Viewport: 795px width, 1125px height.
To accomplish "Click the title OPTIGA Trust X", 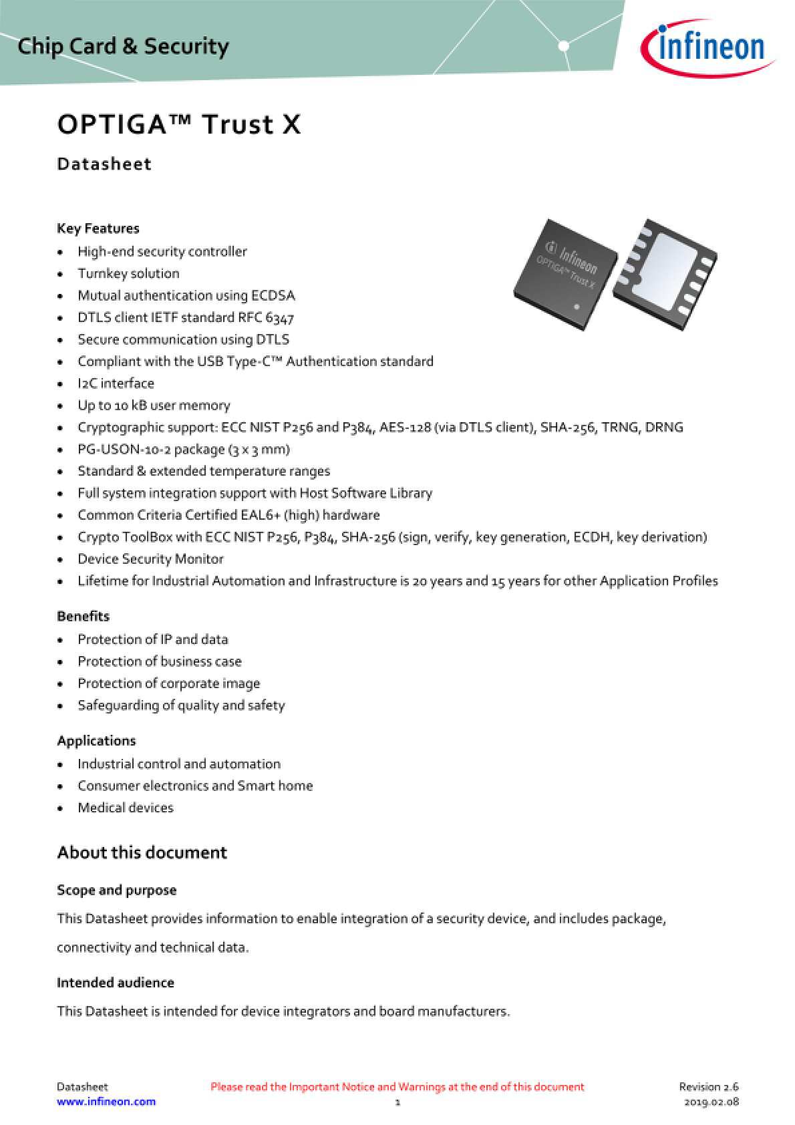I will pyautogui.click(x=179, y=125).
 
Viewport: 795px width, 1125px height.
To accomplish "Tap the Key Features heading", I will pyautogui.click(x=98, y=228).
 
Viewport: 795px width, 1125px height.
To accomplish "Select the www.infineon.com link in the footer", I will pyautogui.click(x=106, y=1102).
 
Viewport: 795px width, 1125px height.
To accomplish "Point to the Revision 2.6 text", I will pyautogui.click(x=709, y=1087).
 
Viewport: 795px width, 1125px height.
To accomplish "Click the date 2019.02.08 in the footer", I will pyautogui.click(x=711, y=1102).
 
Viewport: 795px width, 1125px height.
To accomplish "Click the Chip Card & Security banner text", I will pyautogui.click(x=124, y=46).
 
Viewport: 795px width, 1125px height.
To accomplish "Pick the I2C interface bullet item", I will pyautogui.click(x=116, y=383).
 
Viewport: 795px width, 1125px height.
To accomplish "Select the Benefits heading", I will pyautogui.click(x=83, y=616).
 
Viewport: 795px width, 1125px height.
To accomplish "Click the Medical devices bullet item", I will pyautogui.click(x=126, y=808).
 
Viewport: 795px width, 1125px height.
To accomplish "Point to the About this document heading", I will pyautogui.click(x=142, y=852).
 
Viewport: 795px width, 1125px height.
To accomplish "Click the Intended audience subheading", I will pyautogui.click(x=116, y=983).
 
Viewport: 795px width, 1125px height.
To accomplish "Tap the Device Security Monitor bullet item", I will pyautogui.click(x=150, y=559).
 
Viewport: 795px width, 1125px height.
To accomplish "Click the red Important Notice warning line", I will pyautogui.click(x=397, y=1087).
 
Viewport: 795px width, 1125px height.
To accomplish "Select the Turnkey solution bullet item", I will pyautogui.click(x=128, y=273).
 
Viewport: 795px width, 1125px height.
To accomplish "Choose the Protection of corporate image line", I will pyautogui.click(x=168, y=683).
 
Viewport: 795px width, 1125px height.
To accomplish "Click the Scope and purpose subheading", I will pyautogui.click(x=117, y=891).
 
